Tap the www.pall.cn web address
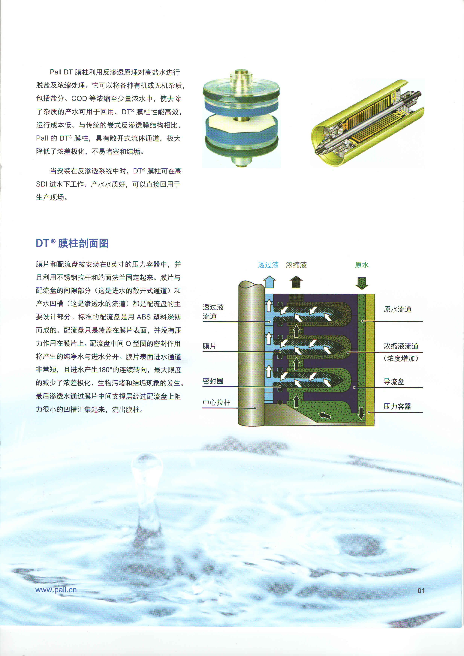click(56, 590)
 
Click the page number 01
click(421, 591)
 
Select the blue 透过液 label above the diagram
click(268, 265)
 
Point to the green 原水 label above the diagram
click(362, 265)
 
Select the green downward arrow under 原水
click(362, 283)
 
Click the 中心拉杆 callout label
click(216, 403)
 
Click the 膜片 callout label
click(209, 346)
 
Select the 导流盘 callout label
click(394, 382)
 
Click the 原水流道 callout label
click(397, 309)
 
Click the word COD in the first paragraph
click(79, 99)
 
